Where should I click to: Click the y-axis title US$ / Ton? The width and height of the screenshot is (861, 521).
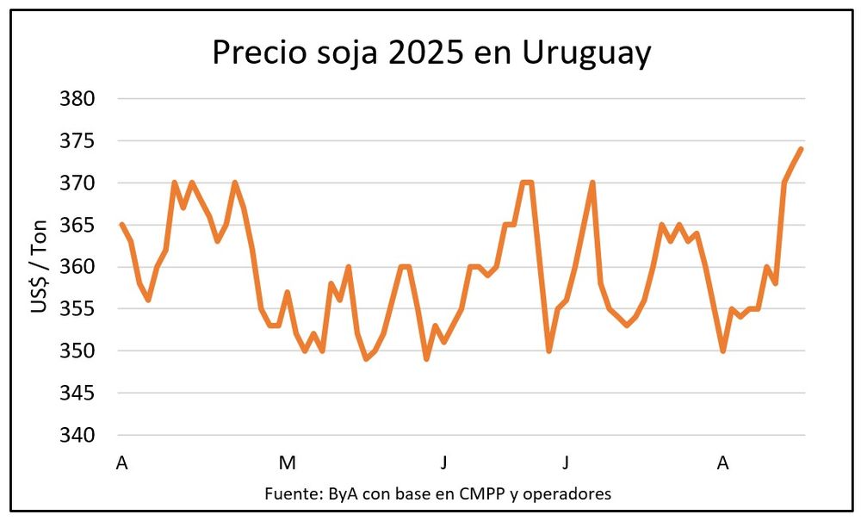[x=40, y=266]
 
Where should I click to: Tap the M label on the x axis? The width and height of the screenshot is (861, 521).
[x=287, y=463]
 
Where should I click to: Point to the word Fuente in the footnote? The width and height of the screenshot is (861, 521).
[x=290, y=493]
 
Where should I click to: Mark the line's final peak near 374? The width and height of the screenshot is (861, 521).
[x=801, y=149]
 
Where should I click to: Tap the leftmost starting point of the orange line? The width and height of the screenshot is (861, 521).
[x=121, y=225]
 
